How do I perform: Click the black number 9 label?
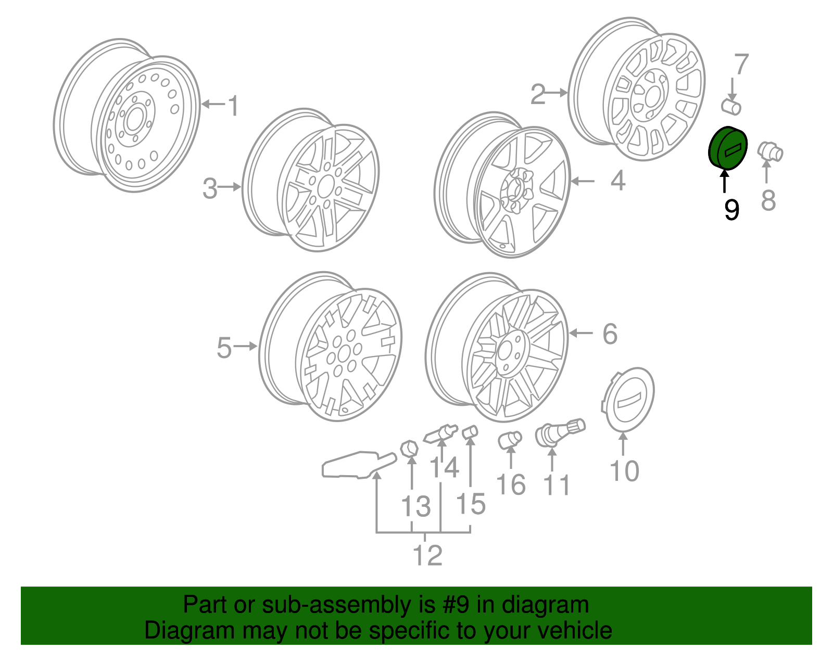point(731,210)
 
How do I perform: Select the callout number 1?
point(233,106)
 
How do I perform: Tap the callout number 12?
point(427,555)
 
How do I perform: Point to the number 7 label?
point(741,64)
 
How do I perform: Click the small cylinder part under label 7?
point(731,107)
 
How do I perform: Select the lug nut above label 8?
point(770,152)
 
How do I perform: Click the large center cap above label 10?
point(627,399)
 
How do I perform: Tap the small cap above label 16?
point(510,440)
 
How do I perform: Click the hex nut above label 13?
point(409,449)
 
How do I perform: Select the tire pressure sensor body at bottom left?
point(358,465)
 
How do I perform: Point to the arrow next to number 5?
point(245,346)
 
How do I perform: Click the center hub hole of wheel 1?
point(134,119)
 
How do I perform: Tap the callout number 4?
point(618,181)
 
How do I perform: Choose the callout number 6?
point(610,334)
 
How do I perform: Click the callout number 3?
point(210,188)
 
